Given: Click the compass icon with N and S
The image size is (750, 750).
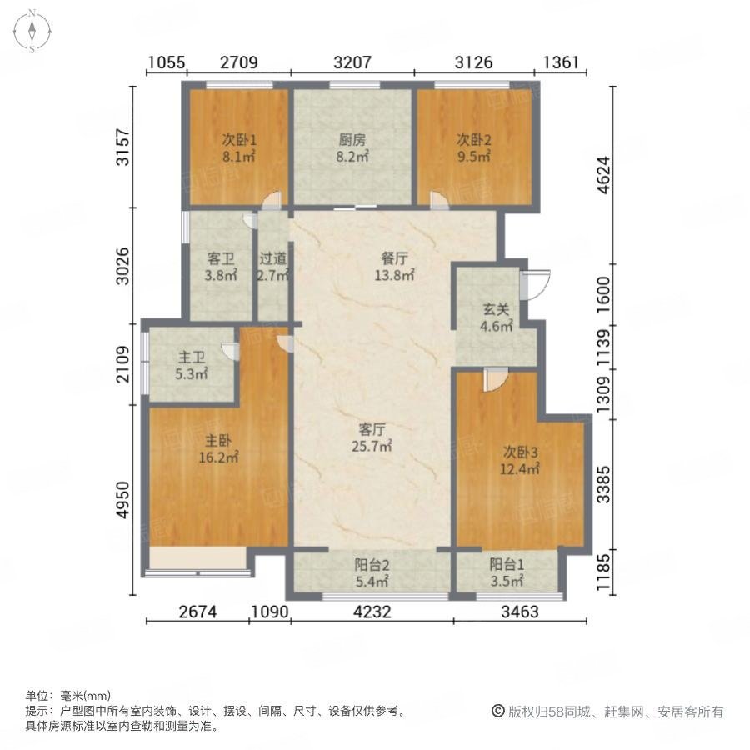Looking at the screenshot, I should (x=32, y=32).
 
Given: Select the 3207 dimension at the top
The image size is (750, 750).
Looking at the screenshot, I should (x=351, y=62).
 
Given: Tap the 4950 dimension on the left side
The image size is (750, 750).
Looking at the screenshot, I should (x=123, y=500).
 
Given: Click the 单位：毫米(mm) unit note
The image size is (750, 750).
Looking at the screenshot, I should (x=67, y=696).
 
